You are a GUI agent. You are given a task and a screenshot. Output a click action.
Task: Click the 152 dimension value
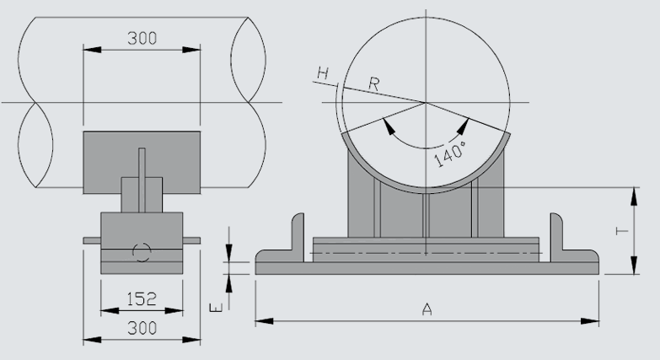click(x=142, y=298)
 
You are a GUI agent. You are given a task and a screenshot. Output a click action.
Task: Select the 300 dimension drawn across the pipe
click(x=142, y=39)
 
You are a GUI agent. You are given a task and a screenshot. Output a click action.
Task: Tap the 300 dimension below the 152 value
click(x=142, y=328)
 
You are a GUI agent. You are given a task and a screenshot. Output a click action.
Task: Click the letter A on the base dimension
click(x=427, y=309)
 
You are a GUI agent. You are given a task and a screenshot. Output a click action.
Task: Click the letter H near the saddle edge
click(x=322, y=75)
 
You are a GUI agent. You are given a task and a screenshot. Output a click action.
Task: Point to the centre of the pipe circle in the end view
click(x=427, y=103)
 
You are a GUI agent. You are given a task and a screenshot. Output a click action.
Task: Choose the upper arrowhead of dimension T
click(x=632, y=192)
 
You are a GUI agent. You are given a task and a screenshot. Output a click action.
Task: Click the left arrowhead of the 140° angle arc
click(x=388, y=126)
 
